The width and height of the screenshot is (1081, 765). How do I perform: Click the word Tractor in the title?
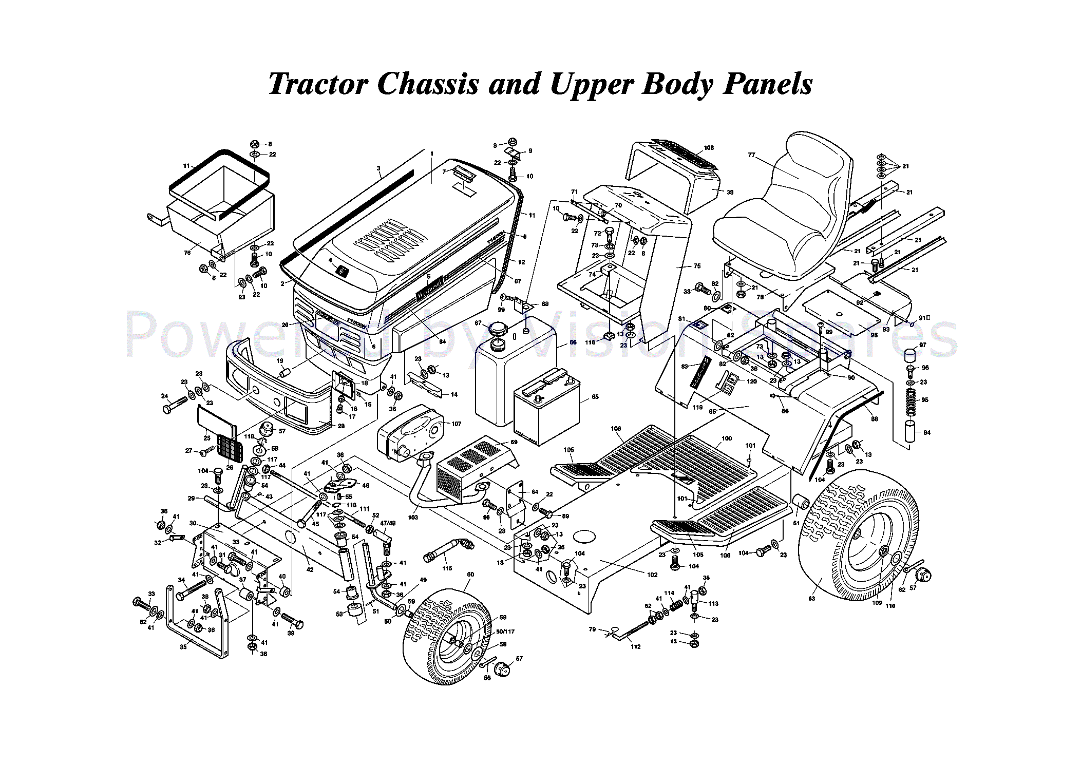[x=318, y=83]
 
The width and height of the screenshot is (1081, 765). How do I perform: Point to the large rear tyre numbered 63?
[x=858, y=537]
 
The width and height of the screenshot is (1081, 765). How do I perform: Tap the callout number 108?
[x=709, y=148]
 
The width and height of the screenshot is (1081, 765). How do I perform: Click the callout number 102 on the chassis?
[x=652, y=575]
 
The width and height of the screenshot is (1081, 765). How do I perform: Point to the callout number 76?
[x=187, y=253]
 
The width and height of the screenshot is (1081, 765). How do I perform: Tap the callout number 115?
[x=447, y=568]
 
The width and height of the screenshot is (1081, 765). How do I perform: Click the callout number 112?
[x=636, y=646]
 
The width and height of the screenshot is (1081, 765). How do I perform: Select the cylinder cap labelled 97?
[x=911, y=355]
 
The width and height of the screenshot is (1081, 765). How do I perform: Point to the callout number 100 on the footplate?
[x=727, y=438]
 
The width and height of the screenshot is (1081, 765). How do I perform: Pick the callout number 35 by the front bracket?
[x=183, y=647]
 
